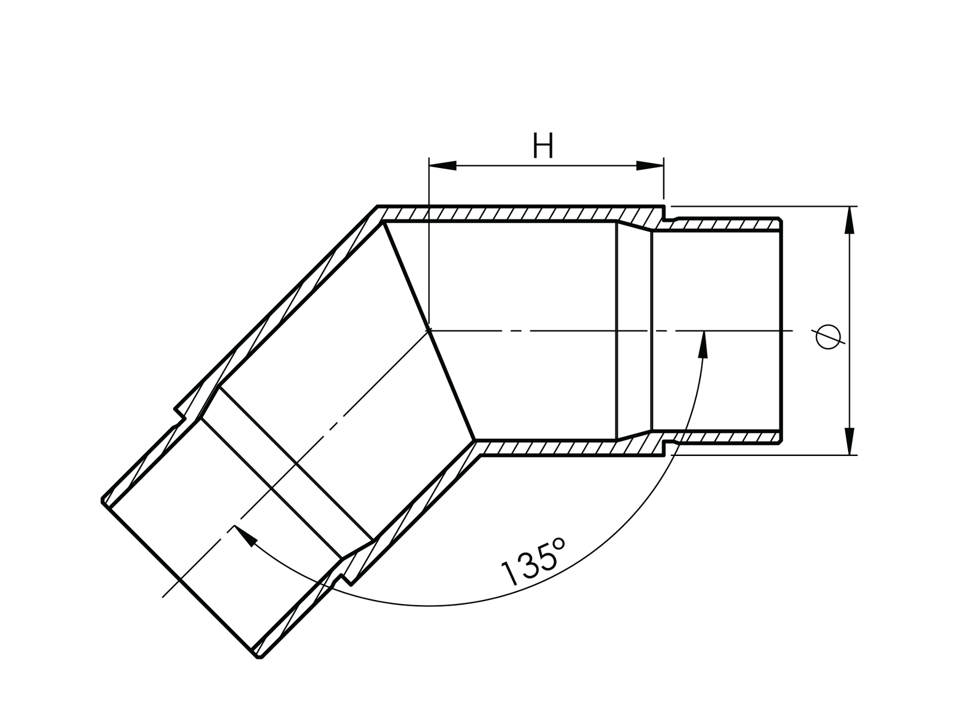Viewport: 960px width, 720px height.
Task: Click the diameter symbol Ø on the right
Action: (829, 337)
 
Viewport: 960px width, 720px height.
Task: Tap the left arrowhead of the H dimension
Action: (443, 166)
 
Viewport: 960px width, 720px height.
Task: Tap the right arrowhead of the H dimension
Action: (650, 166)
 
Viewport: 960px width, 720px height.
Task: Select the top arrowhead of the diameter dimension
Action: (850, 220)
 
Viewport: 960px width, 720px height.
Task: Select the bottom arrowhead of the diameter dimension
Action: (850, 441)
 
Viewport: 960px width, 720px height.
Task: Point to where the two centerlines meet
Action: (429, 330)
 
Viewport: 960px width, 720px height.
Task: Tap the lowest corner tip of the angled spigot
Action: (259, 658)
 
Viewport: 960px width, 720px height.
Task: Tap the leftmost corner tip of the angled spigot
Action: (103, 500)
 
